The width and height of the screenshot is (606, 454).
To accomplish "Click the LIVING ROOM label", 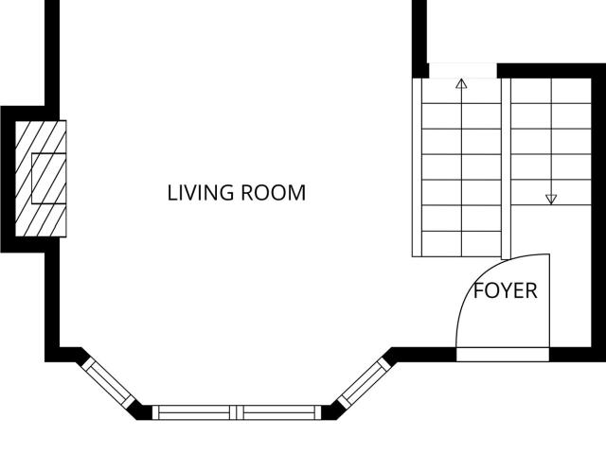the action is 237,193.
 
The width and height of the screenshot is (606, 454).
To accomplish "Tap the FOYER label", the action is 506,290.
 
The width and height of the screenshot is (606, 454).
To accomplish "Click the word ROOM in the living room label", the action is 274,193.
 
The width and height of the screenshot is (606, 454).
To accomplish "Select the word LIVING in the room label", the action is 201,193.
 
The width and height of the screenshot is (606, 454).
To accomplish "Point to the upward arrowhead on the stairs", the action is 461,83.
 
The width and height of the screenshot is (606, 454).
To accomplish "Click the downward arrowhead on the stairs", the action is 551,200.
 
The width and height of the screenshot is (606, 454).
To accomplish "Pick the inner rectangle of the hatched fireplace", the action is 48,179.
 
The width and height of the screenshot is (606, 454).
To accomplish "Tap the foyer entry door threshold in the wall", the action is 503,355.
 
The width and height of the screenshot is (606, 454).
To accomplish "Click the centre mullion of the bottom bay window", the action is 237,412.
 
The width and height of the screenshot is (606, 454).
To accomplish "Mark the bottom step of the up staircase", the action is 461,244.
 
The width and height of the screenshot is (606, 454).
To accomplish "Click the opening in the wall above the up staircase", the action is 463,71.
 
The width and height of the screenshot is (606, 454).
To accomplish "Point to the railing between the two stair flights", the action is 506,168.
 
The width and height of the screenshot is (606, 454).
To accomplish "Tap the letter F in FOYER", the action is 478,290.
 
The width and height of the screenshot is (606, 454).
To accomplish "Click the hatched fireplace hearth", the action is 41,179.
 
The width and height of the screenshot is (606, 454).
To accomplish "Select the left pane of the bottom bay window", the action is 194,412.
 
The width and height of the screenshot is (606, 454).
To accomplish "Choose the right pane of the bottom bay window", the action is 279,412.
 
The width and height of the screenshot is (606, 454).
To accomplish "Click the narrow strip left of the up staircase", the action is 417,167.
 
